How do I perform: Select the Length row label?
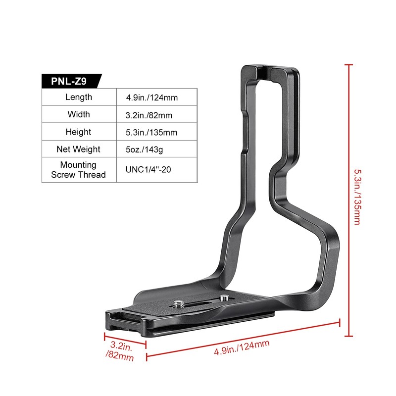79,97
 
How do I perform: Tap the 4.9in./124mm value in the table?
151,98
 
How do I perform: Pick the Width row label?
79,114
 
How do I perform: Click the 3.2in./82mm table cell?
148,115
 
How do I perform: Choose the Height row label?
79,132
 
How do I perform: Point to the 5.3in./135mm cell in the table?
151,133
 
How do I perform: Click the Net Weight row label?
79,149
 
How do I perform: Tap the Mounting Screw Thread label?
79,169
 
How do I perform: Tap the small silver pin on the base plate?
225,298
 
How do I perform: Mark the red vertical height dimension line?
349,198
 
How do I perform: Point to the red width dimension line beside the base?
125,340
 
